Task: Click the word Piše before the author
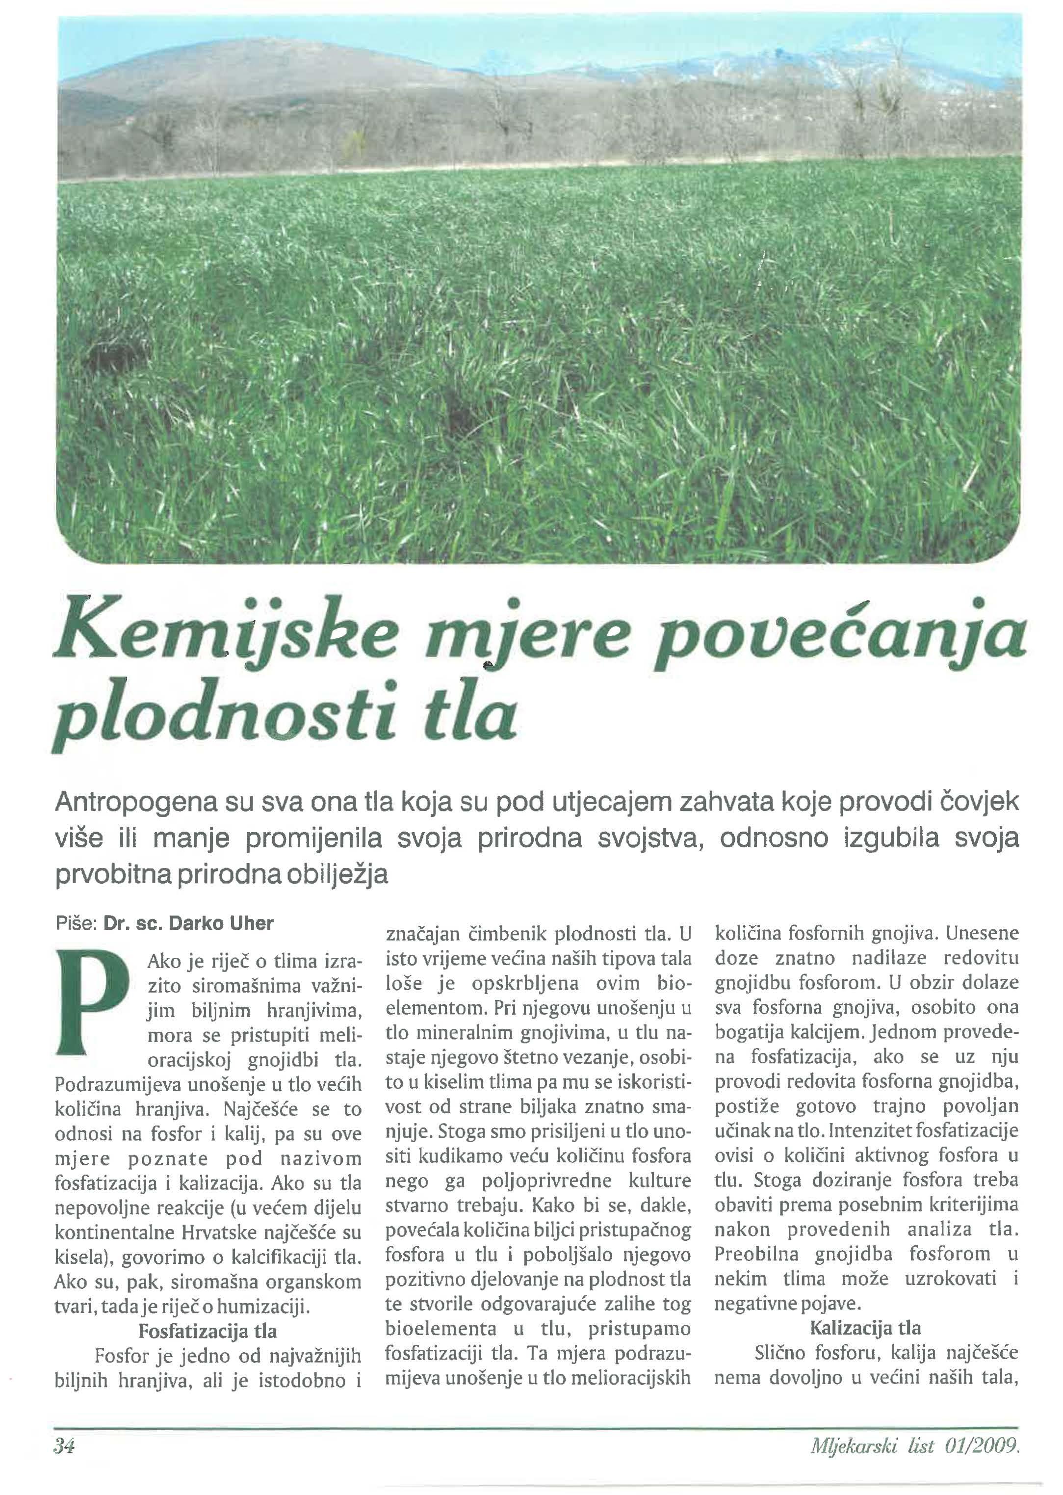tap(75, 923)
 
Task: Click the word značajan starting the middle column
tap(419, 934)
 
